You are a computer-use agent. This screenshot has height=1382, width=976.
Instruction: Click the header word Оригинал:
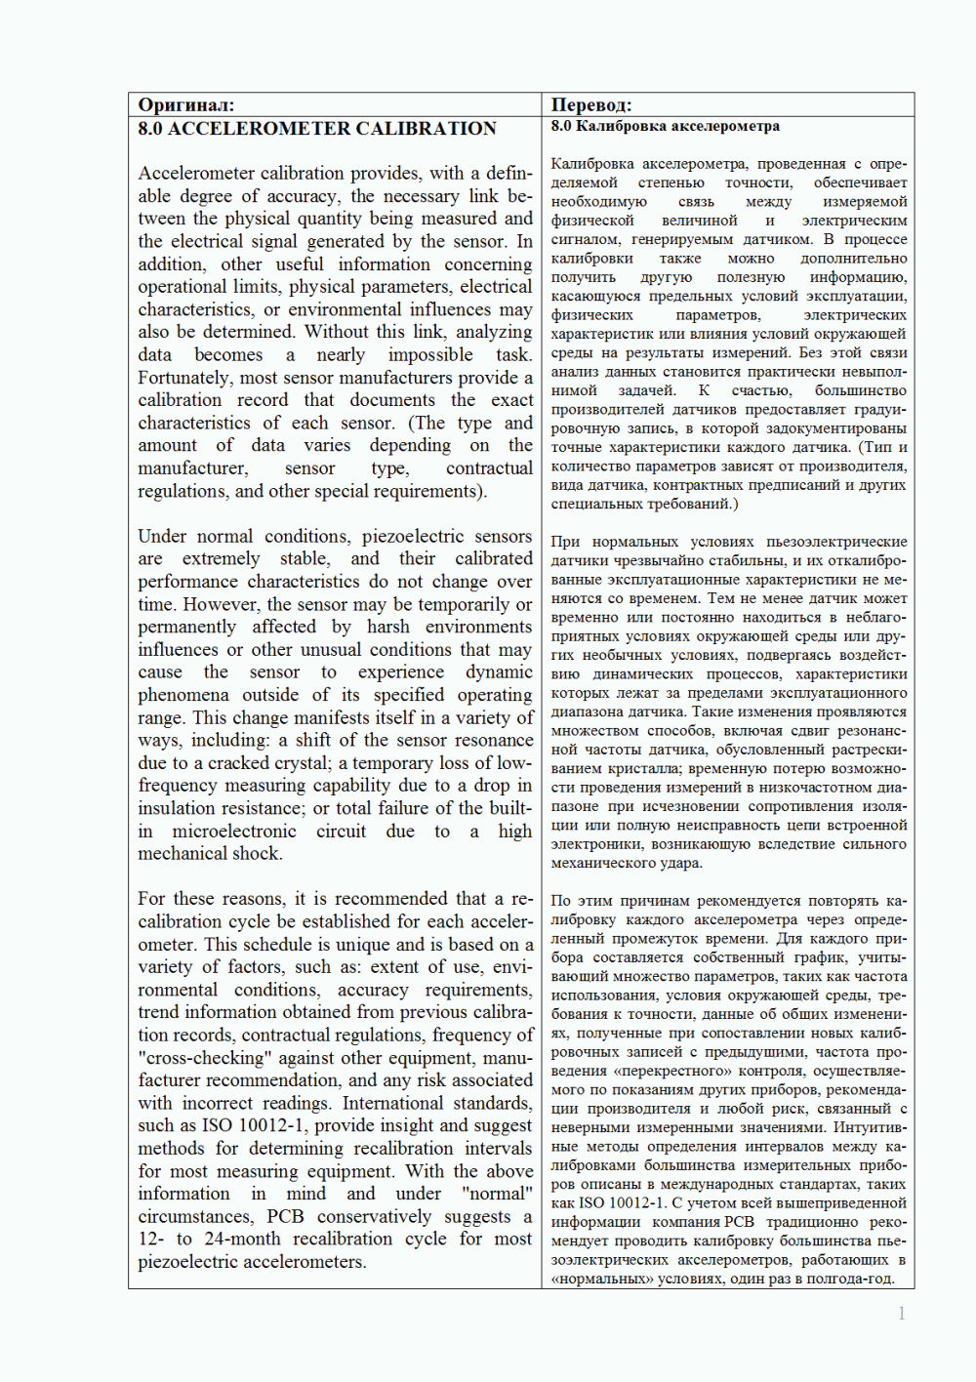click(185, 104)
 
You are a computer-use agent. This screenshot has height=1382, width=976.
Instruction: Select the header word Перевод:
click(590, 104)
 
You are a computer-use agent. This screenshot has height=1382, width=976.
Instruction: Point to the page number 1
click(901, 1314)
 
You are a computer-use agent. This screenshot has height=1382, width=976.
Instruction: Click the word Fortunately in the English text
click(183, 378)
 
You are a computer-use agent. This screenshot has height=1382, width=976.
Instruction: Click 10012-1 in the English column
click(273, 1126)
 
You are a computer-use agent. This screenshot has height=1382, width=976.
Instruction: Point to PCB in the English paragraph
click(285, 1217)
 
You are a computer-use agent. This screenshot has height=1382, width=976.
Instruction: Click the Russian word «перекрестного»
click(705, 1071)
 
